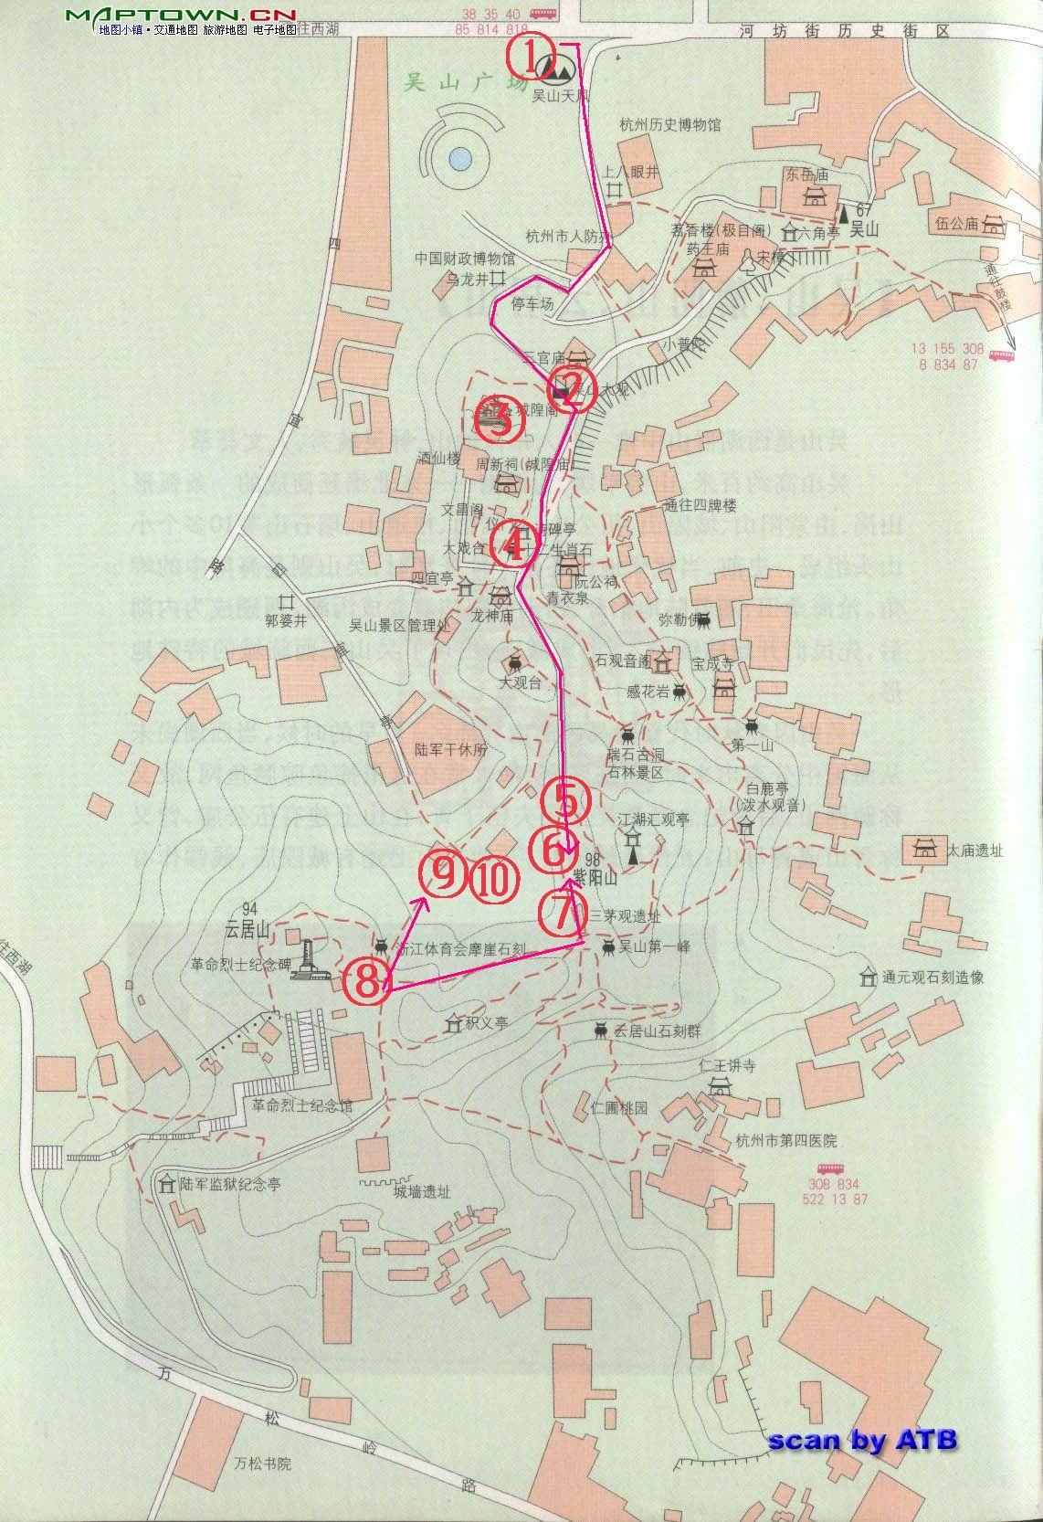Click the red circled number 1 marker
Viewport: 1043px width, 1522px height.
[x=531, y=57]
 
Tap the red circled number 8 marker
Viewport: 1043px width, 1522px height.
[x=365, y=981]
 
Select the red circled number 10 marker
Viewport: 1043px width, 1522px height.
[x=493, y=879]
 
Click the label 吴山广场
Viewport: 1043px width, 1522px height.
[x=466, y=83]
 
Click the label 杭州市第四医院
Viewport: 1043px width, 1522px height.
[x=785, y=1141]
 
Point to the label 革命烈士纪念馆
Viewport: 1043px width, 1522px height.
[x=302, y=1105]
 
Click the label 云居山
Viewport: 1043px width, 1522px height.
[x=248, y=930]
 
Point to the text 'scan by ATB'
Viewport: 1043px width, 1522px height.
[x=862, y=1440]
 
